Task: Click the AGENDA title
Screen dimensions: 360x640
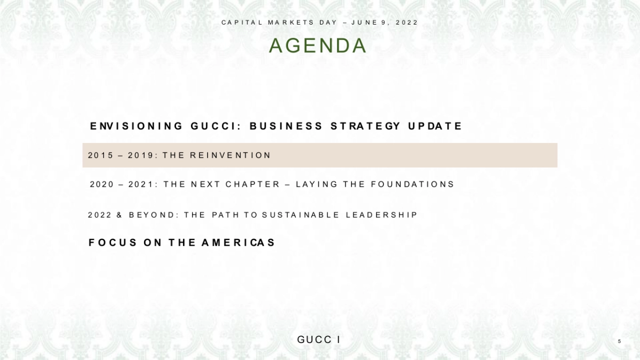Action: [318, 46]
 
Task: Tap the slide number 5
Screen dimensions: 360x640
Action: [619, 341]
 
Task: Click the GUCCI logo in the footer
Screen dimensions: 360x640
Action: [319, 340]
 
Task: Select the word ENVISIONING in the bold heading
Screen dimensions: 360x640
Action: [137, 126]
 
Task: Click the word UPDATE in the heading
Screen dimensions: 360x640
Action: [435, 126]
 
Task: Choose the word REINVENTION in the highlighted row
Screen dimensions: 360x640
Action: [230, 155]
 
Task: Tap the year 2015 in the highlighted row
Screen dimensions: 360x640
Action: [101, 155]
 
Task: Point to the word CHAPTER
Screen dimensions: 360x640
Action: [253, 185]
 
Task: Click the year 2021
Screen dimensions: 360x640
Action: [142, 185]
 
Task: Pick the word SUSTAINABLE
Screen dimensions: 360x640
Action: [300, 215]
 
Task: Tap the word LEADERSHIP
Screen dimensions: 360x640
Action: [381, 215]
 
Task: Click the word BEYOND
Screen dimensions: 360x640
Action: [152, 215]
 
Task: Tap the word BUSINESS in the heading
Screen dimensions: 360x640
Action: [286, 126]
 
